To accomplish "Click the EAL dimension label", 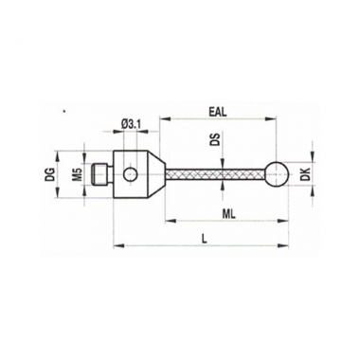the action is pos(218,113).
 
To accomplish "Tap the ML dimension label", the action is pos(229,214).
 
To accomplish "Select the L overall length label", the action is pos(205,239).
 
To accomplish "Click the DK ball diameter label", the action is pos(305,174).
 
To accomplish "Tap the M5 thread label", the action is pos(80,174).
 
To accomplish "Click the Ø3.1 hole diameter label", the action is pos(131,124).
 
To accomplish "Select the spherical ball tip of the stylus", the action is pos(278,173).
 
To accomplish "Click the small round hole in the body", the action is pos(130,174).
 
